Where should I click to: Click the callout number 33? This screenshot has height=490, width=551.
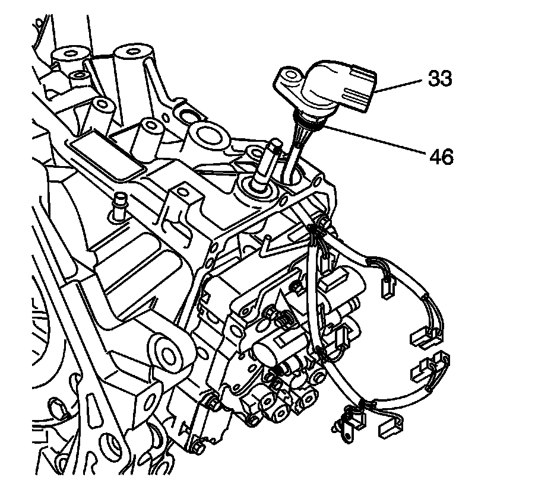pos(440,79)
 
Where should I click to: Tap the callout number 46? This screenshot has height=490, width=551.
pos(440,157)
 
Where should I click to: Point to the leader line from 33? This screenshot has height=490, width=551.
pos(399,85)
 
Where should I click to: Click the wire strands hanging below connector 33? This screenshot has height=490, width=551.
pos(299,142)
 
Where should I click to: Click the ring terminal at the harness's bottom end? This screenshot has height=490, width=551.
pos(343,425)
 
